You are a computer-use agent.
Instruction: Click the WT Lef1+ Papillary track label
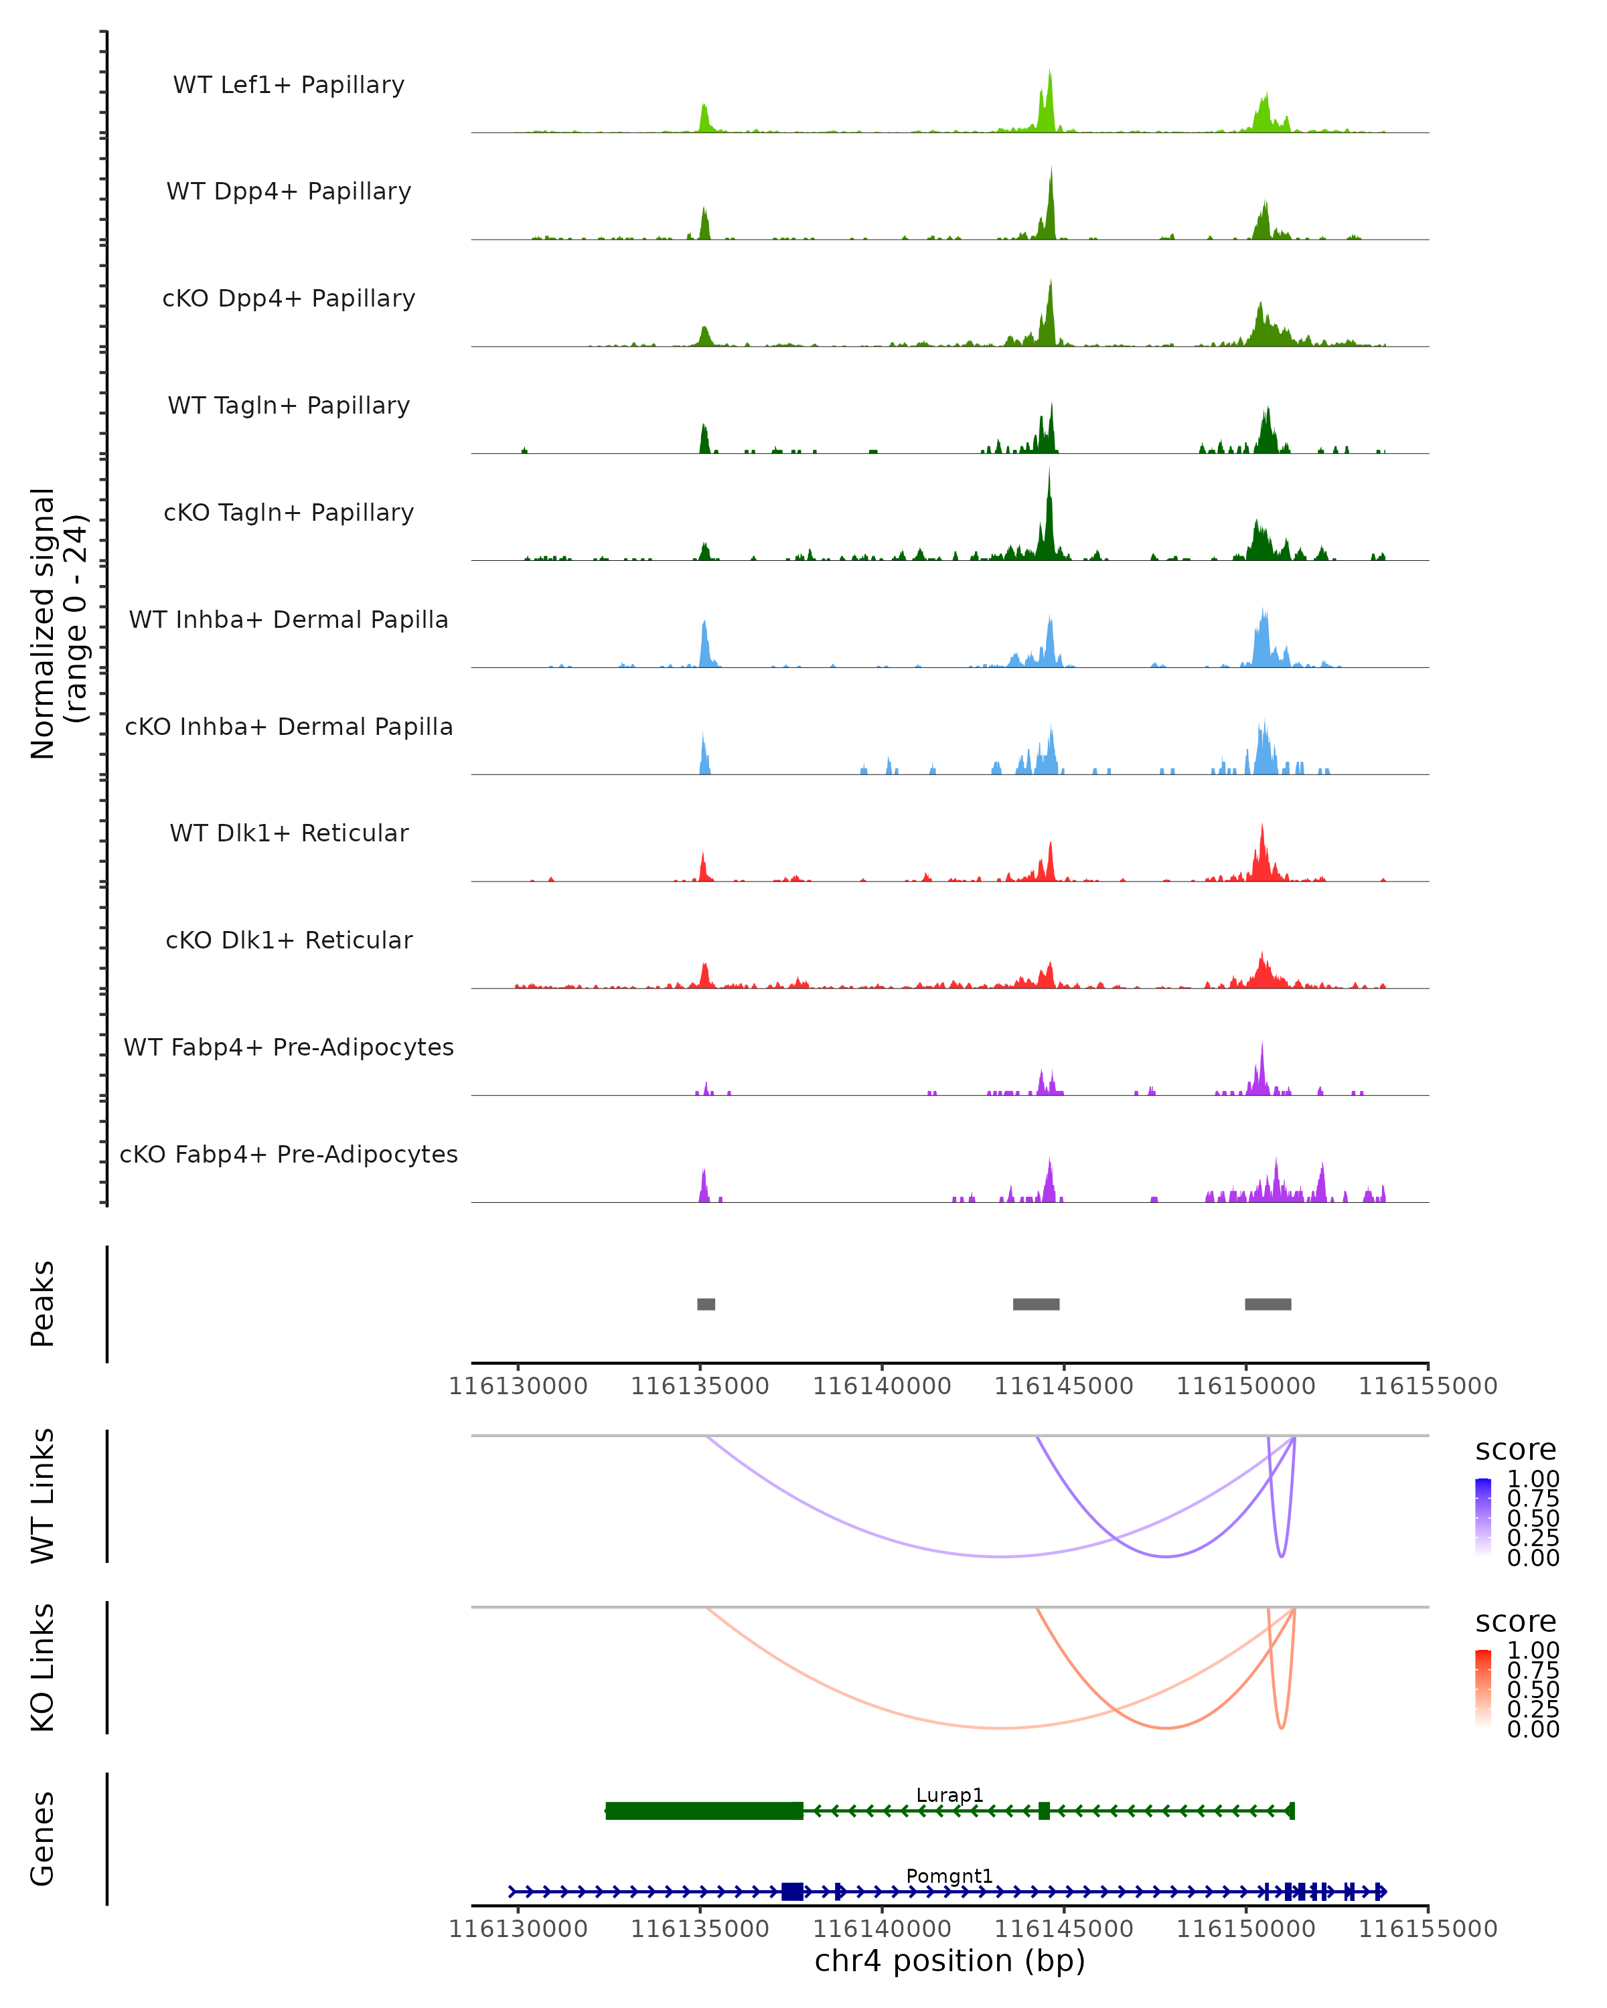pyautogui.click(x=289, y=85)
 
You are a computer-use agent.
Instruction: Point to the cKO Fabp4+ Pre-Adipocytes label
pyautogui.click(x=289, y=1154)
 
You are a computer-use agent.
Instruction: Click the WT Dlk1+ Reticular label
pyautogui.click(x=289, y=833)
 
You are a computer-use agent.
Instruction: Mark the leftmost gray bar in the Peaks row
pyautogui.click(x=706, y=1304)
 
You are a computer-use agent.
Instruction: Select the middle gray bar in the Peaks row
pyautogui.click(x=1036, y=1304)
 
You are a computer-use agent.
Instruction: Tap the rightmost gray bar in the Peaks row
pyautogui.click(x=1268, y=1304)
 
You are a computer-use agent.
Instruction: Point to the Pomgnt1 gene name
pyautogui.click(x=949, y=1875)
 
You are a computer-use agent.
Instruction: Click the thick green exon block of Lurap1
pyautogui.click(x=704, y=1811)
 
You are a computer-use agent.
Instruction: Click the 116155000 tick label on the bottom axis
pyautogui.click(x=1427, y=1928)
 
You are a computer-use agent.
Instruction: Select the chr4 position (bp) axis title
pyautogui.click(x=949, y=1960)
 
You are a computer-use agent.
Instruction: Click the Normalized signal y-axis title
pyautogui.click(x=58, y=623)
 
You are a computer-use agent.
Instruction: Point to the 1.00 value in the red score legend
pyautogui.click(x=1533, y=1649)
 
